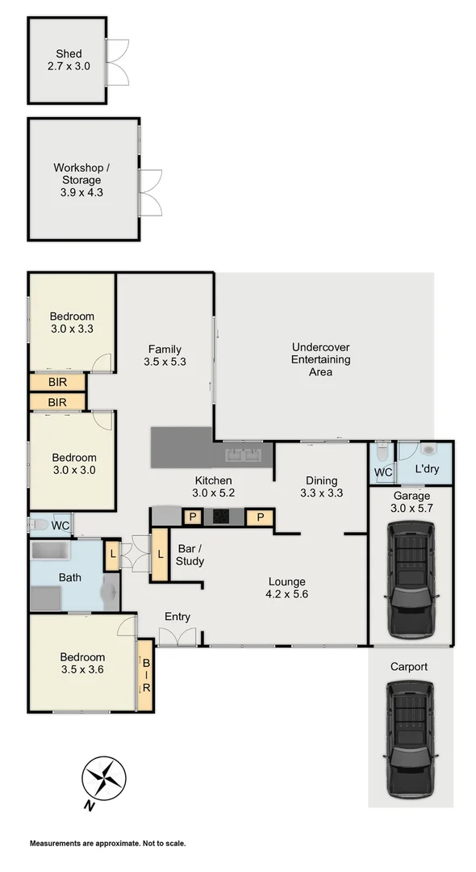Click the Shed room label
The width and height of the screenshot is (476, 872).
coord(69,60)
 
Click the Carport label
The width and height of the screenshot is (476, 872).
coord(409,667)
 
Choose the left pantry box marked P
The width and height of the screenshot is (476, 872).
coord(193,518)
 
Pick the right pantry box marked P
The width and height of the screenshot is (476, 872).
coord(260,518)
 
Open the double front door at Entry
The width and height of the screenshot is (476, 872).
coord(177,637)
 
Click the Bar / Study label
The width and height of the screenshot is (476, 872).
coord(190,555)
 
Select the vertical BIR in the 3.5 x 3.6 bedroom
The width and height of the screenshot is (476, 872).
coord(146,675)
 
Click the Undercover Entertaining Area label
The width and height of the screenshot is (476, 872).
coord(321,360)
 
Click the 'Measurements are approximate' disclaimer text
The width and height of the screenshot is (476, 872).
coord(107,844)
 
